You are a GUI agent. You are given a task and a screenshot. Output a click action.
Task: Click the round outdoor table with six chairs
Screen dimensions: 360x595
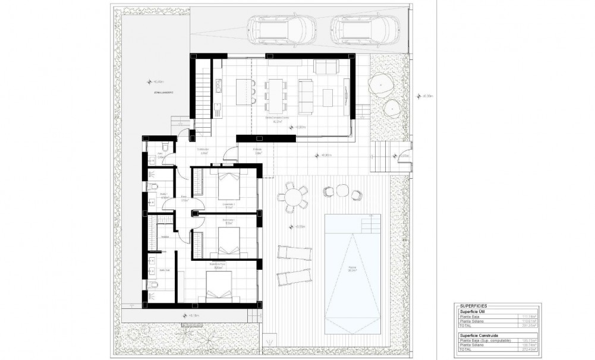click(x=292, y=196)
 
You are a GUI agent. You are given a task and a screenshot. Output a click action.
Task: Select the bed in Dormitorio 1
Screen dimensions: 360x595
click(x=227, y=186)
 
